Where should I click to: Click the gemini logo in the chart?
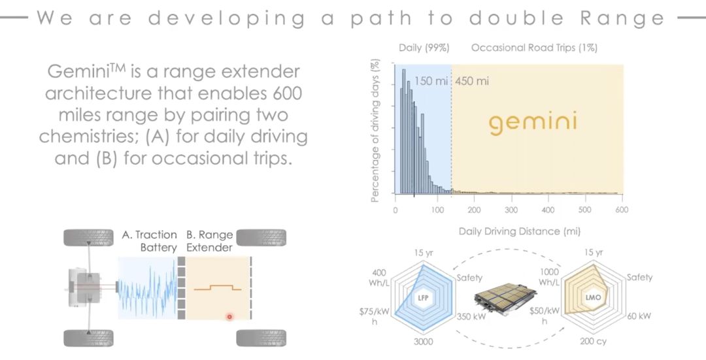533,123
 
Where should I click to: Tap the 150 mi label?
431,82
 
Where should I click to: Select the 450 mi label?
472,82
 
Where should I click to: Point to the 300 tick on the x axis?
511,210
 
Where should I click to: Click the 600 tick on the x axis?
622,210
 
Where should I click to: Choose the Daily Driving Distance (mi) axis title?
520,231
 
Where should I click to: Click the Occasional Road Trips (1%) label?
535,48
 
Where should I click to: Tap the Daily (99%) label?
424,48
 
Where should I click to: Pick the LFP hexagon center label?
423,297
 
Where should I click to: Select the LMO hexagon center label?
593,297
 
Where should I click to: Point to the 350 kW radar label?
471,316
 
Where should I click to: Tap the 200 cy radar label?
594,342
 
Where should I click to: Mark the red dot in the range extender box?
229,317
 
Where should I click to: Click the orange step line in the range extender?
218,287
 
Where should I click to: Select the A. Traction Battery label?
150,241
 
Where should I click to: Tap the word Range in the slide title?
623,18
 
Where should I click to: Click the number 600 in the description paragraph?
287,93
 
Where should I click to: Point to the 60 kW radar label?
639,316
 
